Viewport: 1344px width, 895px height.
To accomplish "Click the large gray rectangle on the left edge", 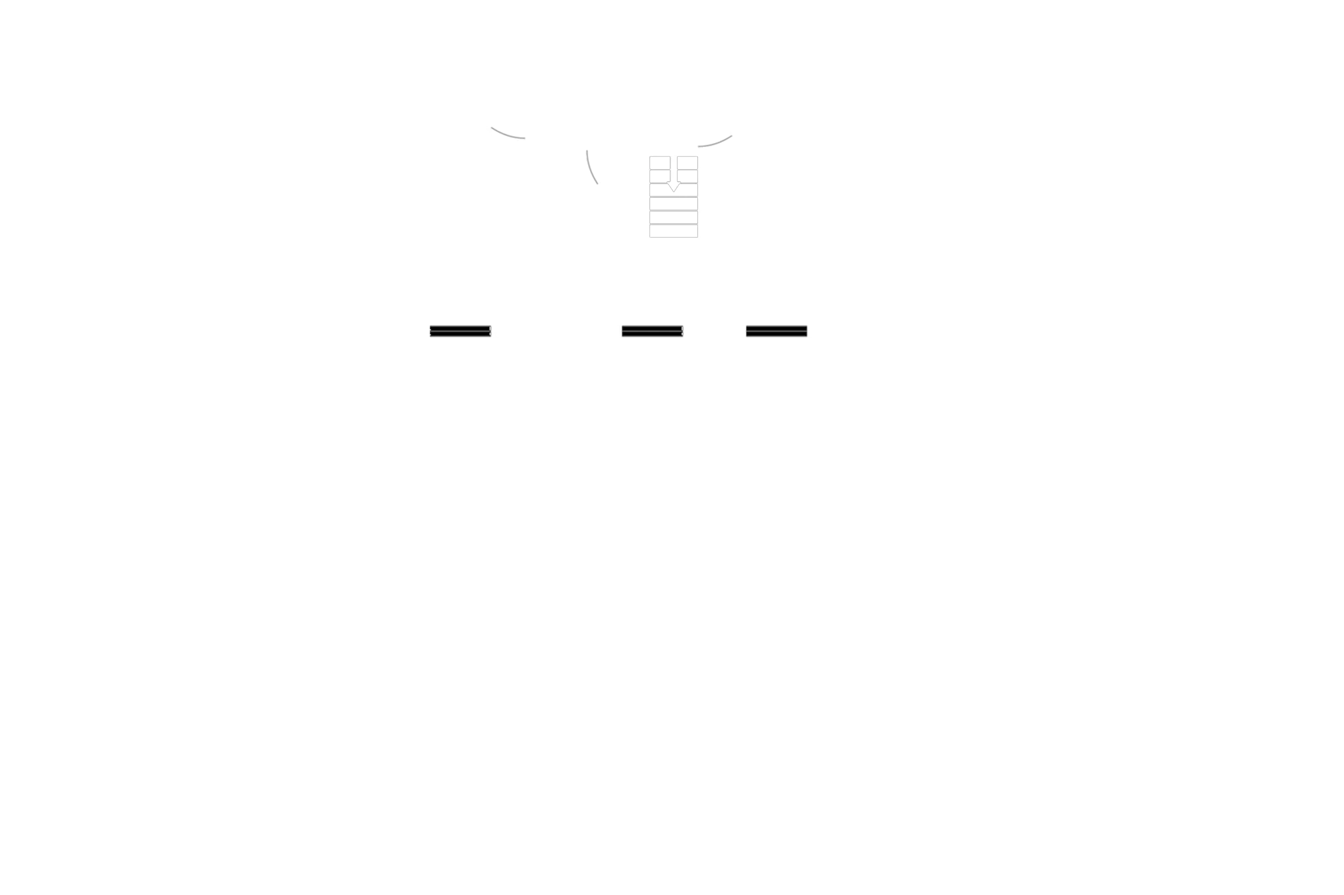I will click(x=172, y=229).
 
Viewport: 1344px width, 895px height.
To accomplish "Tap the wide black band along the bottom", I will click(x=672, y=783).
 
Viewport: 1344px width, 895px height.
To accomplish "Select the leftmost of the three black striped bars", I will click(x=460, y=332).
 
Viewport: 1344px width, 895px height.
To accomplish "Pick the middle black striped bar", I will click(x=653, y=332).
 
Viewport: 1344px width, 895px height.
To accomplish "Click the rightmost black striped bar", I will click(x=777, y=332).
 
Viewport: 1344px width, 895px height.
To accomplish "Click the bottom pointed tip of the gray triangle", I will click(x=598, y=185).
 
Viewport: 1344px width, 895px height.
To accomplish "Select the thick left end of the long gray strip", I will click(x=523, y=133).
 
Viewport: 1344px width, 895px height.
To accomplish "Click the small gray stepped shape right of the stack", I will click(x=717, y=140).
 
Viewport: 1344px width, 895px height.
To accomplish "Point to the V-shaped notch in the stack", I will click(x=674, y=189).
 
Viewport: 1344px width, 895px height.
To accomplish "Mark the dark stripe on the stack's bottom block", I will click(x=674, y=227).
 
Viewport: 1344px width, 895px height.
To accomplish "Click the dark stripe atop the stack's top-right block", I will click(x=687, y=159).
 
